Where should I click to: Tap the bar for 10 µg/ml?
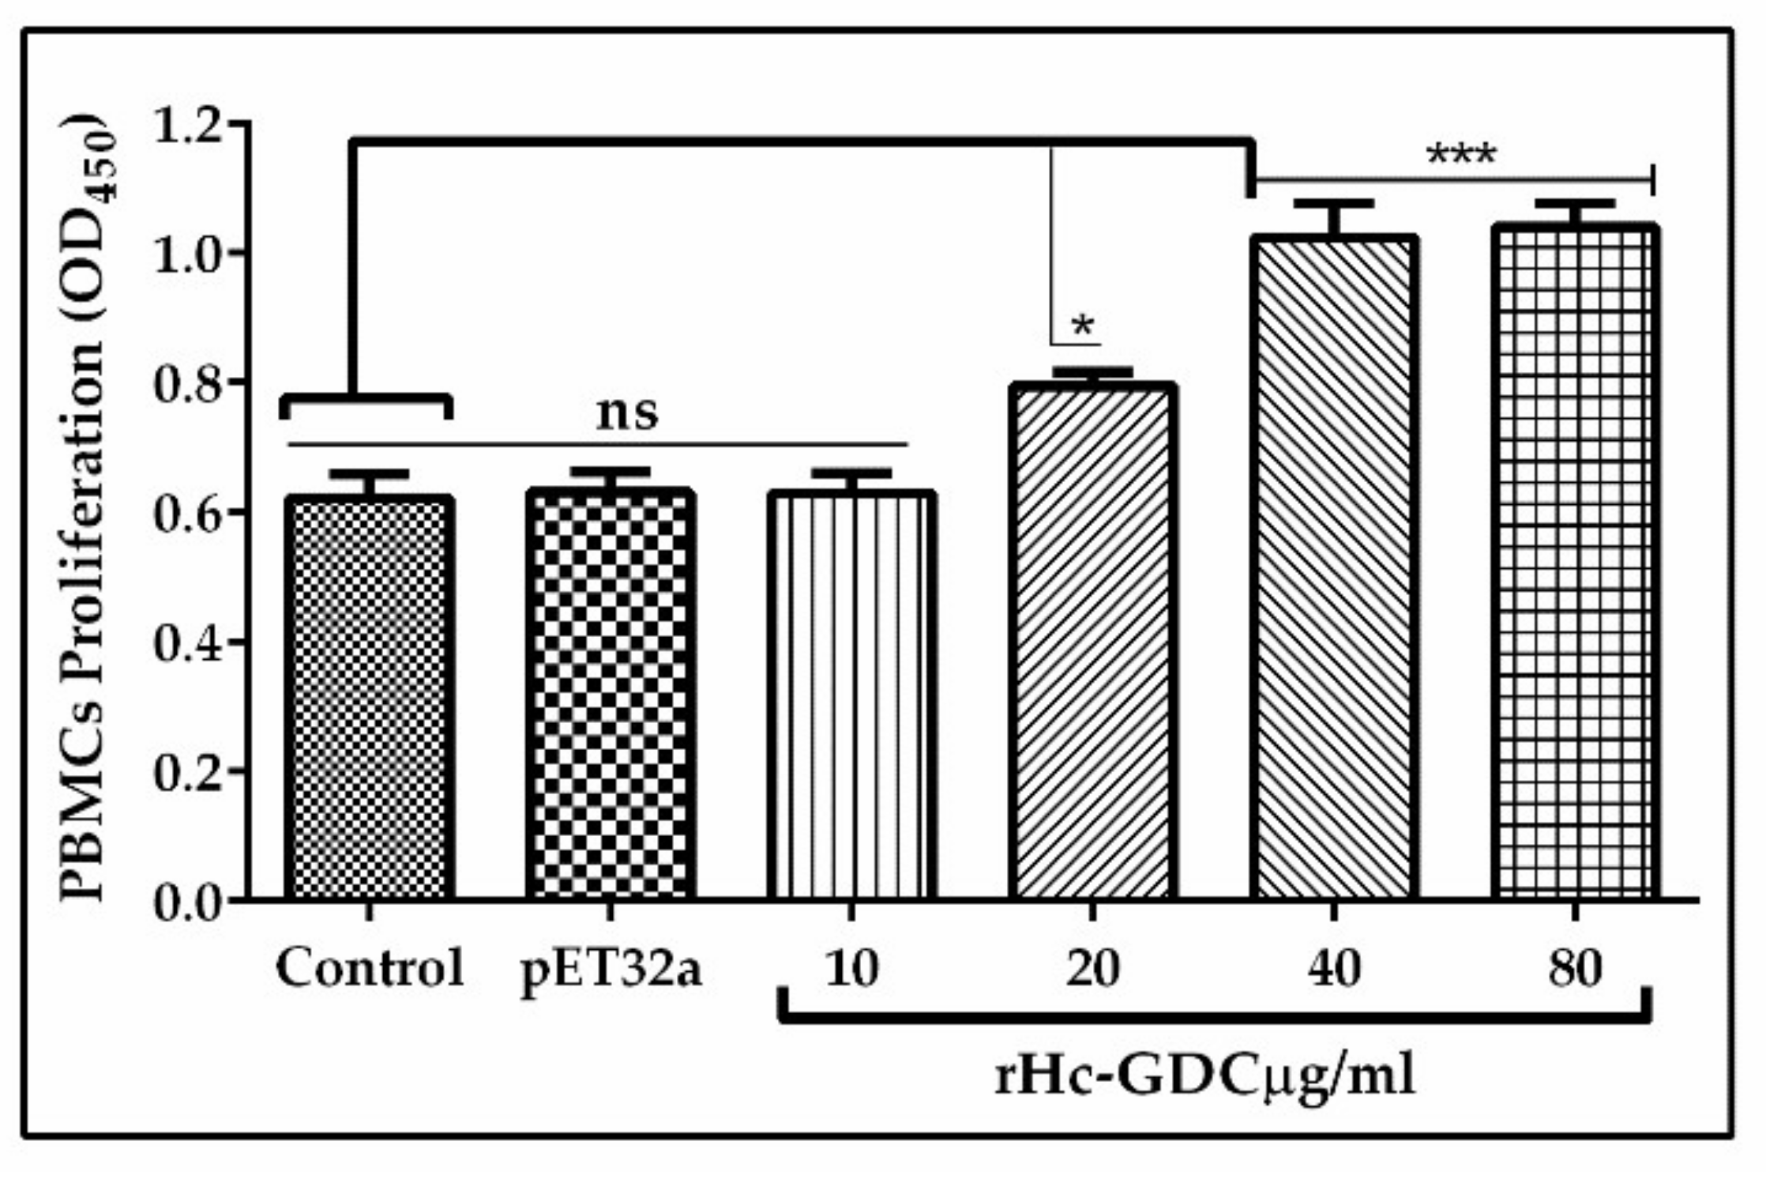(x=851, y=695)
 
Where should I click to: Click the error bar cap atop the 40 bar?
(x=1334, y=204)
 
